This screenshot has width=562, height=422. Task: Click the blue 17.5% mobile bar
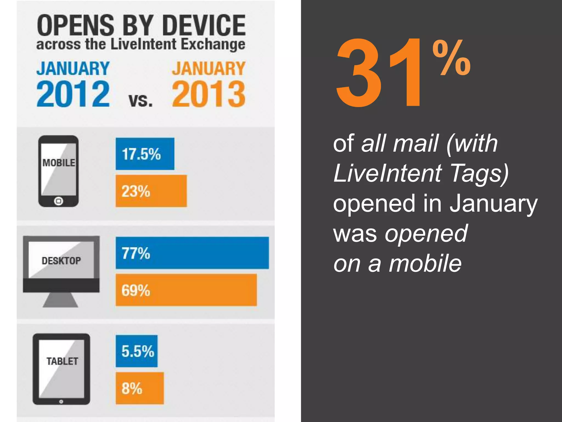145,154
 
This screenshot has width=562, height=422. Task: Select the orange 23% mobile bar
151,191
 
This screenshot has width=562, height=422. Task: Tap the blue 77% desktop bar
192,253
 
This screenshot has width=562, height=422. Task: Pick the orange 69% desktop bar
186,290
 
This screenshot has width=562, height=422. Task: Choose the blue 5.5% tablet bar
137,351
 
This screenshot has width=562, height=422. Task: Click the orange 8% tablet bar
140,388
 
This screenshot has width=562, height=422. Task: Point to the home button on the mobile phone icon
58,201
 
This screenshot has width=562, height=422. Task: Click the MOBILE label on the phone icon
58,163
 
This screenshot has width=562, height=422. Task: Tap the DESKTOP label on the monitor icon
61,260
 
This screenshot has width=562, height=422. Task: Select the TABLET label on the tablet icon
62,361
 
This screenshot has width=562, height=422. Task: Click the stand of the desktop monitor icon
61,300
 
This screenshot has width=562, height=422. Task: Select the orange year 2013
209,94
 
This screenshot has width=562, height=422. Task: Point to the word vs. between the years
140,101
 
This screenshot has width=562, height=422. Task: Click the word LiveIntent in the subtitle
143,44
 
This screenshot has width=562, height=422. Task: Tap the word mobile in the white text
425,263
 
